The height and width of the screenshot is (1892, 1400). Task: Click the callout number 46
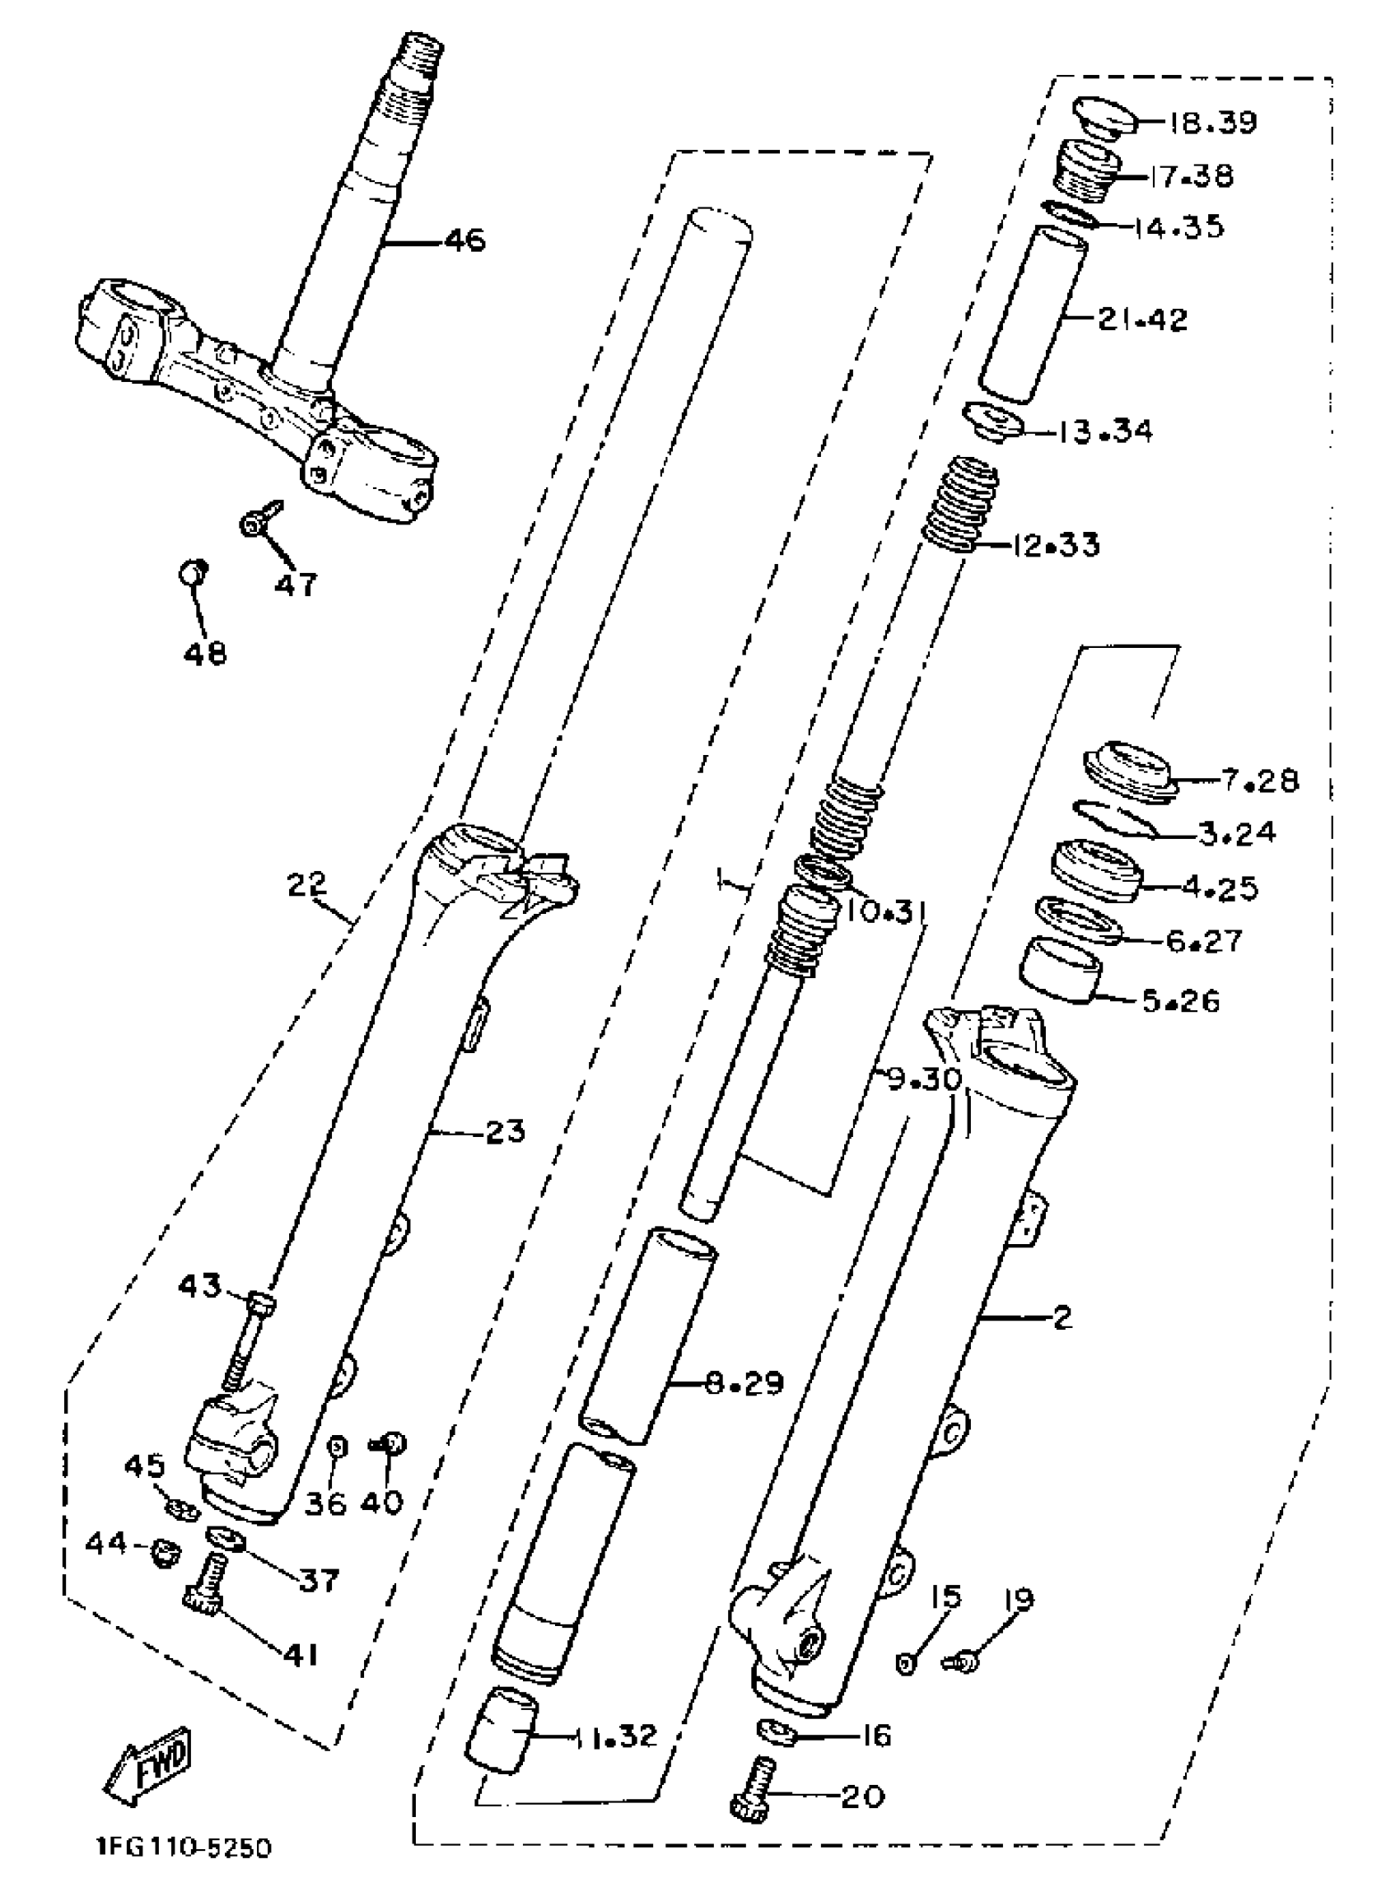(x=464, y=240)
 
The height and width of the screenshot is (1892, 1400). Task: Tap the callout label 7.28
(x=1260, y=780)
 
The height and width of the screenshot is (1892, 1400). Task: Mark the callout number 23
(x=505, y=1131)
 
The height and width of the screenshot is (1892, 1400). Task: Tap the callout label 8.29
(x=745, y=1384)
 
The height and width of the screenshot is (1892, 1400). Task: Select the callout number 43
(x=200, y=1287)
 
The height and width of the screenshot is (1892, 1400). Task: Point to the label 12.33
(x=1056, y=544)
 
